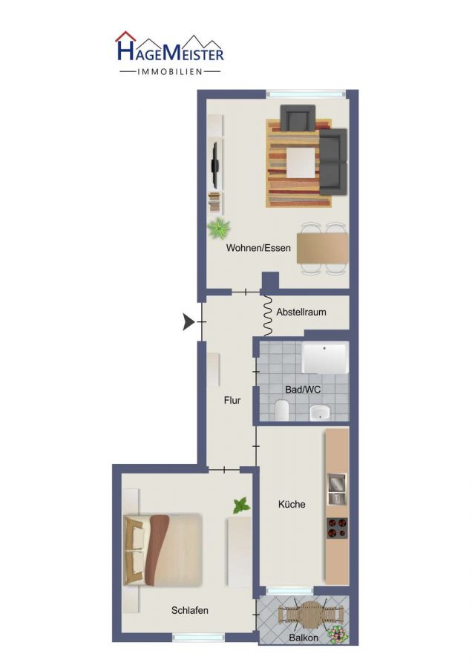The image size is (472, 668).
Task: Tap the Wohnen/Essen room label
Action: [258, 248]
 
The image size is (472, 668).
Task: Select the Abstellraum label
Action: [301, 312]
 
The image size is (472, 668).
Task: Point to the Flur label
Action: [232, 401]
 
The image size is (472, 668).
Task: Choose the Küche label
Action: [292, 505]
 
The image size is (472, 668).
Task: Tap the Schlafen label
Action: [189, 611]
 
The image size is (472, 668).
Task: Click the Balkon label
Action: [304, 638]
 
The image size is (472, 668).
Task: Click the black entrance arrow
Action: [189, 321]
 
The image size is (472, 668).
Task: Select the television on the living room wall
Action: [215, 166]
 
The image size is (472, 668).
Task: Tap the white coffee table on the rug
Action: [301, 163]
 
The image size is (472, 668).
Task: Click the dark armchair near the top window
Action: [298, 117]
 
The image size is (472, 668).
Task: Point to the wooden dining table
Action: [323, 248]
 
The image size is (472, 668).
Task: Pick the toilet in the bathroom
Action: [282, 410]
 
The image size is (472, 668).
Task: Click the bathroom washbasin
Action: [320, 413]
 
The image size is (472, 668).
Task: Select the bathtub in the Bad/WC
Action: [325, 358]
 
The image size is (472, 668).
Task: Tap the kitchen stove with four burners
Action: [337, 528]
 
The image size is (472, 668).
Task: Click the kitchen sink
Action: [336, 488]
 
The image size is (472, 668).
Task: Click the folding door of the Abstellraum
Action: [268, 315]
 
